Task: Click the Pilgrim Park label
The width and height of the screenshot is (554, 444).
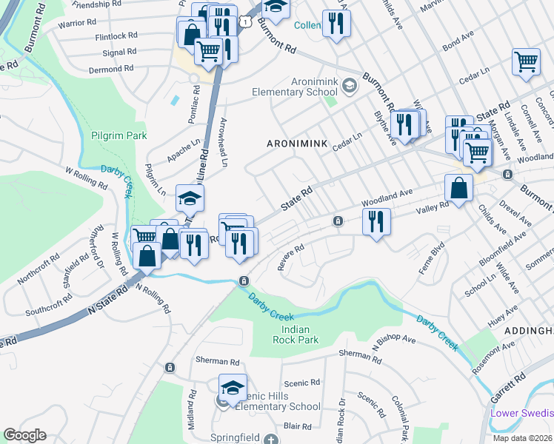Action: point(119,135)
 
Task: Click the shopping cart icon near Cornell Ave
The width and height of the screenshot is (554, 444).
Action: point(527,62)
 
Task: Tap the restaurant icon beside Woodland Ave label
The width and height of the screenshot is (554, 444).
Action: point(376,221)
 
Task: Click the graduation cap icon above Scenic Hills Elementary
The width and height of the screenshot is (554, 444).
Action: point(233,388)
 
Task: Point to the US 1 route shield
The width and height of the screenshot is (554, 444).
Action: point(243,24)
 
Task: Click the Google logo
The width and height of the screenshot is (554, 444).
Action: point(24,434)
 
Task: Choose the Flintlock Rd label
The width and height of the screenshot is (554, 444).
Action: point(116,36)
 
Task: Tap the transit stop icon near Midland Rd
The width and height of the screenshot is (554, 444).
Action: point(170,367)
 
